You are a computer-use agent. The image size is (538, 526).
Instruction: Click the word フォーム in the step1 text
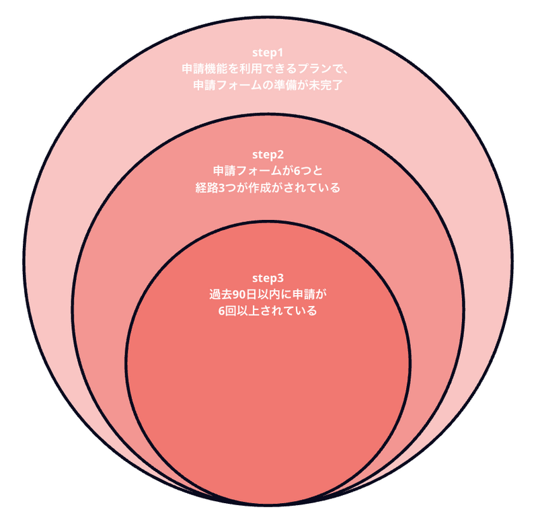tap(235, 86)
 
